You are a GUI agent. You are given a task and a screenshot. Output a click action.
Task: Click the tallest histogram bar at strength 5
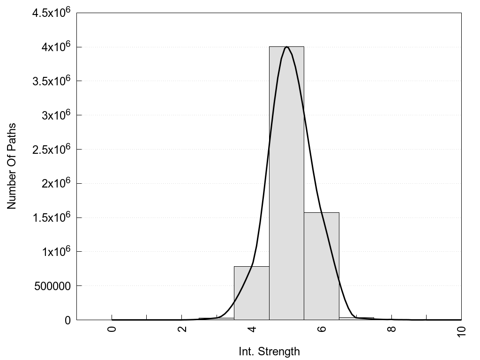pos(286,183)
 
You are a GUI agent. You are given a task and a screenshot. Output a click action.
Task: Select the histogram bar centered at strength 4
pos(251,293)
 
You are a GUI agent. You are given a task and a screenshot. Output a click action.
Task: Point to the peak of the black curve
pos(286,47)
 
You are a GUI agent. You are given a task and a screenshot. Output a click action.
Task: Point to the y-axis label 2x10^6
pos(55,183)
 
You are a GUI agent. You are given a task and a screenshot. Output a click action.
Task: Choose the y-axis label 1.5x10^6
pos(51,217)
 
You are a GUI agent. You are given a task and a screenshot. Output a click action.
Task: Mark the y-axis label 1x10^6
pos(55,251)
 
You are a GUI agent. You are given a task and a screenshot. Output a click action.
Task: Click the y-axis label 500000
pos(52,286)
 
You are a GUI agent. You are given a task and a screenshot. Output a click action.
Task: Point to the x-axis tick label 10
pos(462,330)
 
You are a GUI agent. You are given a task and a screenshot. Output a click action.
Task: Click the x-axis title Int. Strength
pos(269,351)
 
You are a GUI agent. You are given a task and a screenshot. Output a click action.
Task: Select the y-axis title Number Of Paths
pos(12,166)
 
